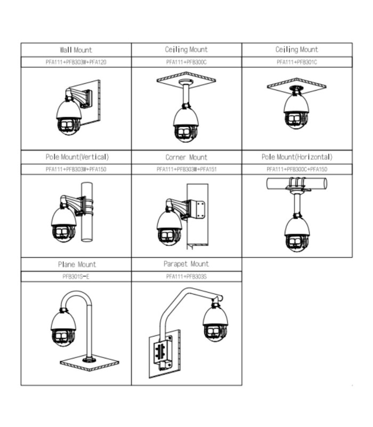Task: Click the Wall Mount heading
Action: [x=76, y=50]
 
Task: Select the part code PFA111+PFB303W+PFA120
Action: [x=76, y=62]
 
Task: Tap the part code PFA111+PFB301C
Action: [x=297, y=62]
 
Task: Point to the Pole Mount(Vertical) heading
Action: [x=76, y=157]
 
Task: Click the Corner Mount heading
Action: [x=186, y=157]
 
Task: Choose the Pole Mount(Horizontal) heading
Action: [x=297, y=157]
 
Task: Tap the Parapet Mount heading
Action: [x=186, y=264]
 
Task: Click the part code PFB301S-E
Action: [x=76, y=276]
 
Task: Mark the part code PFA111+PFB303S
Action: [x=186, y=276]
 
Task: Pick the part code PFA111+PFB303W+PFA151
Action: [x=186, y=169]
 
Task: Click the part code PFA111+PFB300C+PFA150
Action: [x=297, y=169]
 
